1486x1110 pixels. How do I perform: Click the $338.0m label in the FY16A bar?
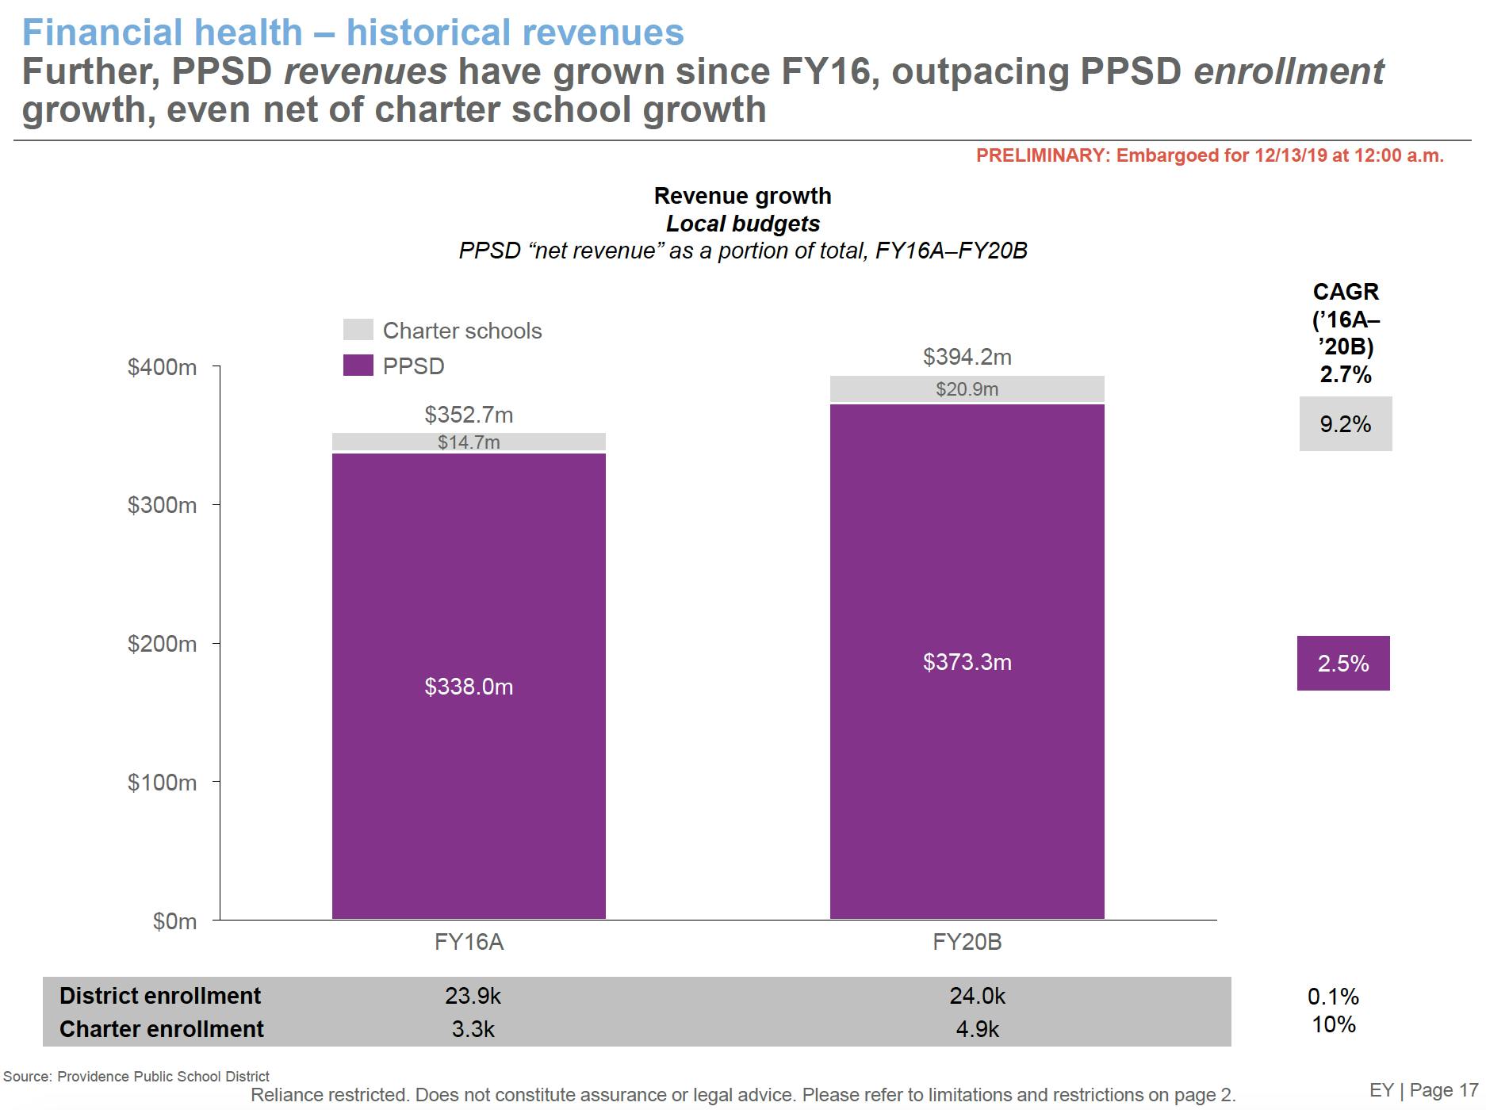(x=469, y=687)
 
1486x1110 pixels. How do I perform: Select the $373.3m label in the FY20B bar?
(x=967, y=662)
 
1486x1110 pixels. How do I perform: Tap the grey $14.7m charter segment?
(x=469, y=442)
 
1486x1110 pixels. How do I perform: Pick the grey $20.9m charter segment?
(x=967, y=388)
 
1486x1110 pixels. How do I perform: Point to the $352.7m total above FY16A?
(x=469, y=415)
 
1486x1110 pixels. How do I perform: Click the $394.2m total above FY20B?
(x=967, y=357)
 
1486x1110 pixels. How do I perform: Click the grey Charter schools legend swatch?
(x=358, y=330)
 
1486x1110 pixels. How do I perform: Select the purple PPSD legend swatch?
(x=358, y=366)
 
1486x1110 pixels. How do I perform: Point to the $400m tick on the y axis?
(x=162, y=367)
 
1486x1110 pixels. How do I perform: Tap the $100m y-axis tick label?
(x=162, y=783)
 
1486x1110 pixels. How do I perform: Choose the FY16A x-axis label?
(x=469, y=942)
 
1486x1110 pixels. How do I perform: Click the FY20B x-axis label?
(x=967, y=942)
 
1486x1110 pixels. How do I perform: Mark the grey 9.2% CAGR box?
(x=1345, y=424)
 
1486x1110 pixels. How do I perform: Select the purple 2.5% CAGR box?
(x=1343, y=664)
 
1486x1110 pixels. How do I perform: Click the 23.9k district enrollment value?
(x=473, y=996)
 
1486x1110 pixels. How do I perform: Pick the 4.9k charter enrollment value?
(x=977, y=1029)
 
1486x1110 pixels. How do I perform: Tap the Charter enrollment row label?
(x=161, y=1029)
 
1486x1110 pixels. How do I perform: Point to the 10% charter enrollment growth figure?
(x=1334, y=1024)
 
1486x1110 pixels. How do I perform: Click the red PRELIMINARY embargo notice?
(x=1209, y=155)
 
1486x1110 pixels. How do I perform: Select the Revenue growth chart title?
(x=742, y=196)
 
